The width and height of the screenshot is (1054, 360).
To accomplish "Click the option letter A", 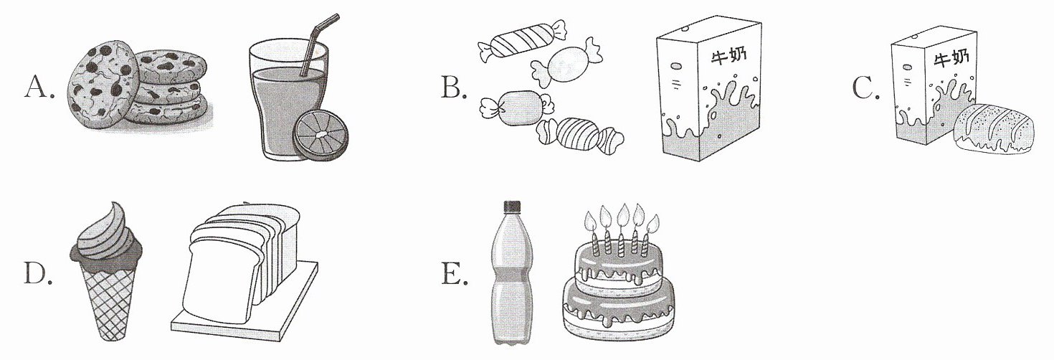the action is click(x=39, y=87).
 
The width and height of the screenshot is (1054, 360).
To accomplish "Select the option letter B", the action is click(x=453, y=87).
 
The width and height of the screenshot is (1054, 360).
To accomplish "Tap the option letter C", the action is click(x=866, y=87).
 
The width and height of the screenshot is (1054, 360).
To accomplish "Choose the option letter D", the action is click(x=37, y=274).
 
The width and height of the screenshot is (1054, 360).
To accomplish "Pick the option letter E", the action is click(x=454, y=274).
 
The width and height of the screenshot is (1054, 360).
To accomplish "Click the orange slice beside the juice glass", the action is click(x=321, y=136).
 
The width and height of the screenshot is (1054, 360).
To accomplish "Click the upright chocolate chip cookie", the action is click(x=103, y=85).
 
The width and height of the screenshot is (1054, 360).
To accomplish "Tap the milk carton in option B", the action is click(x=709, y=88).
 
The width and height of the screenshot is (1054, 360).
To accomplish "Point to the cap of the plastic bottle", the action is click(x=512, y=206).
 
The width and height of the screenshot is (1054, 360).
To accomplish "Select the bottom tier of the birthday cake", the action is click(x=618, y=307).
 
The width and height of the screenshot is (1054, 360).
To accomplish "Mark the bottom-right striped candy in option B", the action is click(x=579, y=135).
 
